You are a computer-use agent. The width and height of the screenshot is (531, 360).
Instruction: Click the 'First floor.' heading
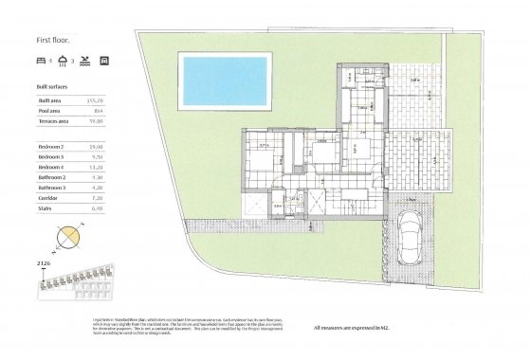click(x=53, y=39)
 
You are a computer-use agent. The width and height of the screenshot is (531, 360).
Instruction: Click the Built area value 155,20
click(x=97, y=99)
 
